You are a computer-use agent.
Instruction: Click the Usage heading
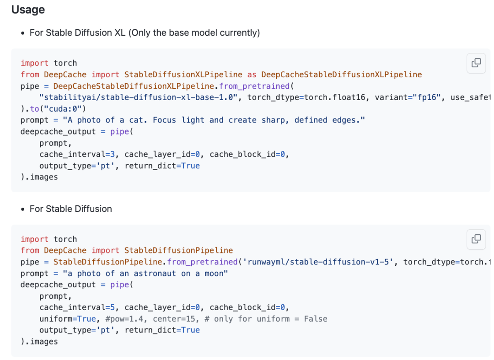28,10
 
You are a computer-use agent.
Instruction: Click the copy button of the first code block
476,63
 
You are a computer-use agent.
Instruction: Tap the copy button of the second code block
476,239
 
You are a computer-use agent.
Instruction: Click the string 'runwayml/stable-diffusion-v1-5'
318,262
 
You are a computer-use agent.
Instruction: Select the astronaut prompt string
145,274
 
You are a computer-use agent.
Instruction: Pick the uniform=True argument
68,319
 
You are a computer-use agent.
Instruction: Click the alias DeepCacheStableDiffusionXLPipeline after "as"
342,75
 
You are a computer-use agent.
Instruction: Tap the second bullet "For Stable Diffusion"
71,209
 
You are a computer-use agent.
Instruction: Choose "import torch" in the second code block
49,239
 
